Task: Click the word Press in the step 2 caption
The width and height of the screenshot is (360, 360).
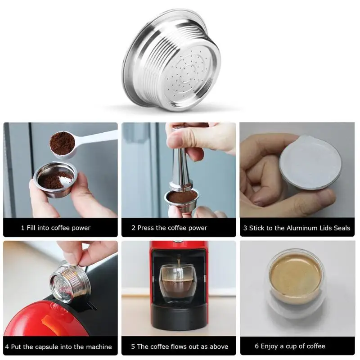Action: pyautogui.click(x=145, y=228)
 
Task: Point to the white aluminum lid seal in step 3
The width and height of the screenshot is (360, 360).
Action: pyautogui.click(x=310, y=162)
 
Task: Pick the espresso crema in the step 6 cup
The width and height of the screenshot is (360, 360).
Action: pyautogui.click(x=296, y=279)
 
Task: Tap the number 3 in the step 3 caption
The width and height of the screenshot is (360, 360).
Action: pyautogui.click(x=245, y=228)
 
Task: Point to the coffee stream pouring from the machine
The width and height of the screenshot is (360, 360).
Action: pyautogui.click(x=178, y=264)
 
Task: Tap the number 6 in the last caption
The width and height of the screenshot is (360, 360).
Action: pyautogui.click(x=256, y=346)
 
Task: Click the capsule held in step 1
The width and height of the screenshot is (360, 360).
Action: pyautogui.click(x=55, y=180)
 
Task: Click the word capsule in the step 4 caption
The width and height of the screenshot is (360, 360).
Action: pyautogui.click(x=60, y=346)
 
